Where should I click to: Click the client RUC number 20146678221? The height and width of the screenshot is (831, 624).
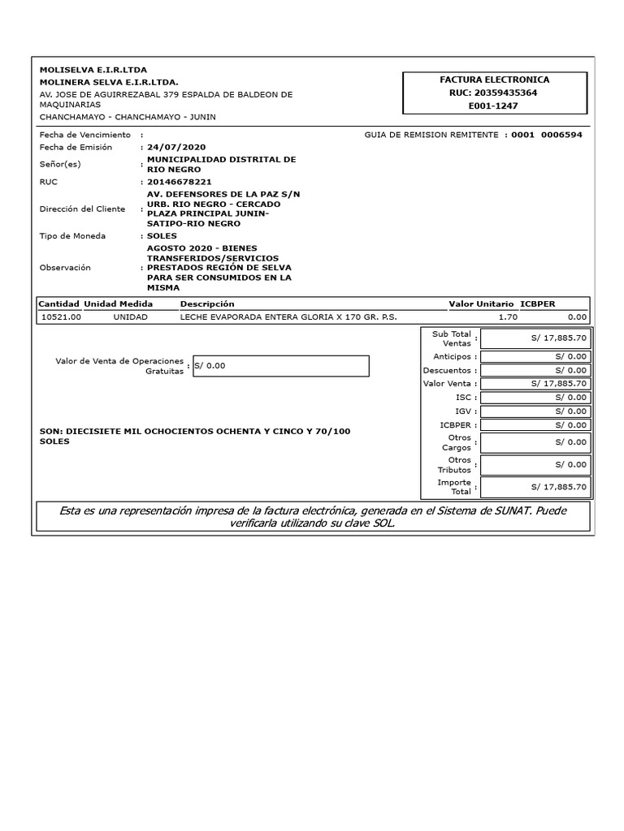(179, 183)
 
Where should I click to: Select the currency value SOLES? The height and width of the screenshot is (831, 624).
(162, 236)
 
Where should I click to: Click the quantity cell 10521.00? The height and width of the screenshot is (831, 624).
(61, 317)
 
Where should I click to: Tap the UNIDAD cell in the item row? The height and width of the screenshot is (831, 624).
(131, 317)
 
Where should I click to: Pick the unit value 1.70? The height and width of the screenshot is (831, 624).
(507, 317)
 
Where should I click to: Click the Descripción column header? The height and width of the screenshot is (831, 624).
(207, 304)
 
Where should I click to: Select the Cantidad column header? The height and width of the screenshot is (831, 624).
(59, 304)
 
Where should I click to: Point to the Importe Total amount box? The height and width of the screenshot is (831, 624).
(535, 487)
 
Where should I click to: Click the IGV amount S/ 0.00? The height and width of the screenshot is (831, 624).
(535, 411)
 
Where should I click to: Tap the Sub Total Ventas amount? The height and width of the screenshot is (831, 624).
(535, 338)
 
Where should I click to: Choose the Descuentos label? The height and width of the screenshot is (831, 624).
(447, 370)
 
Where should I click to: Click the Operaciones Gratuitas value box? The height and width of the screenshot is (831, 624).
(279, 366)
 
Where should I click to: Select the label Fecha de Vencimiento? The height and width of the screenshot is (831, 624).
(84, 135)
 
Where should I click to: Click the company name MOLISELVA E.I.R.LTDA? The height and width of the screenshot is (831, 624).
(93, 70)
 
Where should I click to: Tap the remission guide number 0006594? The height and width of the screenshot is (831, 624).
(561, 135)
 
